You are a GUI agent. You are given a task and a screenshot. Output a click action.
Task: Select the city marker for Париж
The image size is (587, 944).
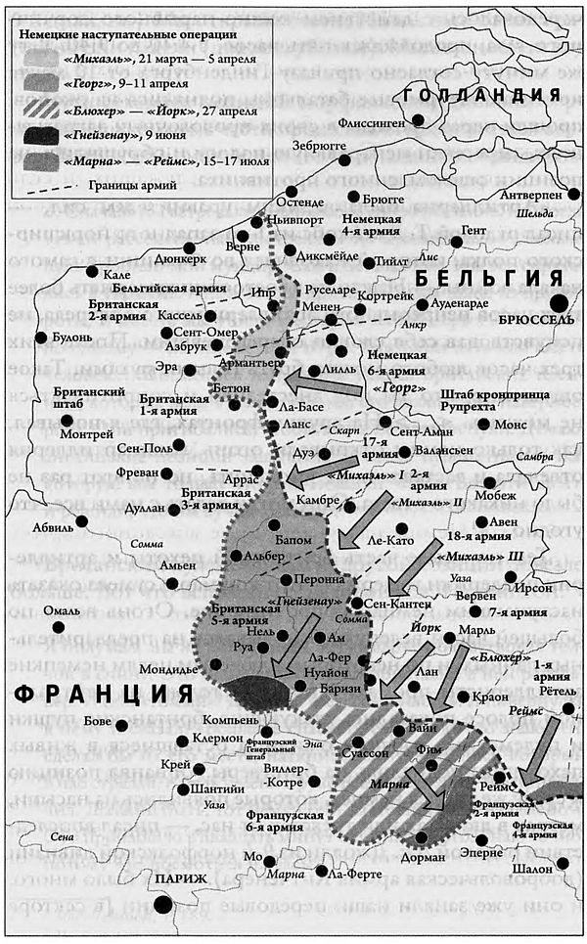coord(161,905)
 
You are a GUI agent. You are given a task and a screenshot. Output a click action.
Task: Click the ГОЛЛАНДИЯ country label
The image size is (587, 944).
coord(482,95)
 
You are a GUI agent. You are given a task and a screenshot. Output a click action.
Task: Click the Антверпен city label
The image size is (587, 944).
coord(531,195)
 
